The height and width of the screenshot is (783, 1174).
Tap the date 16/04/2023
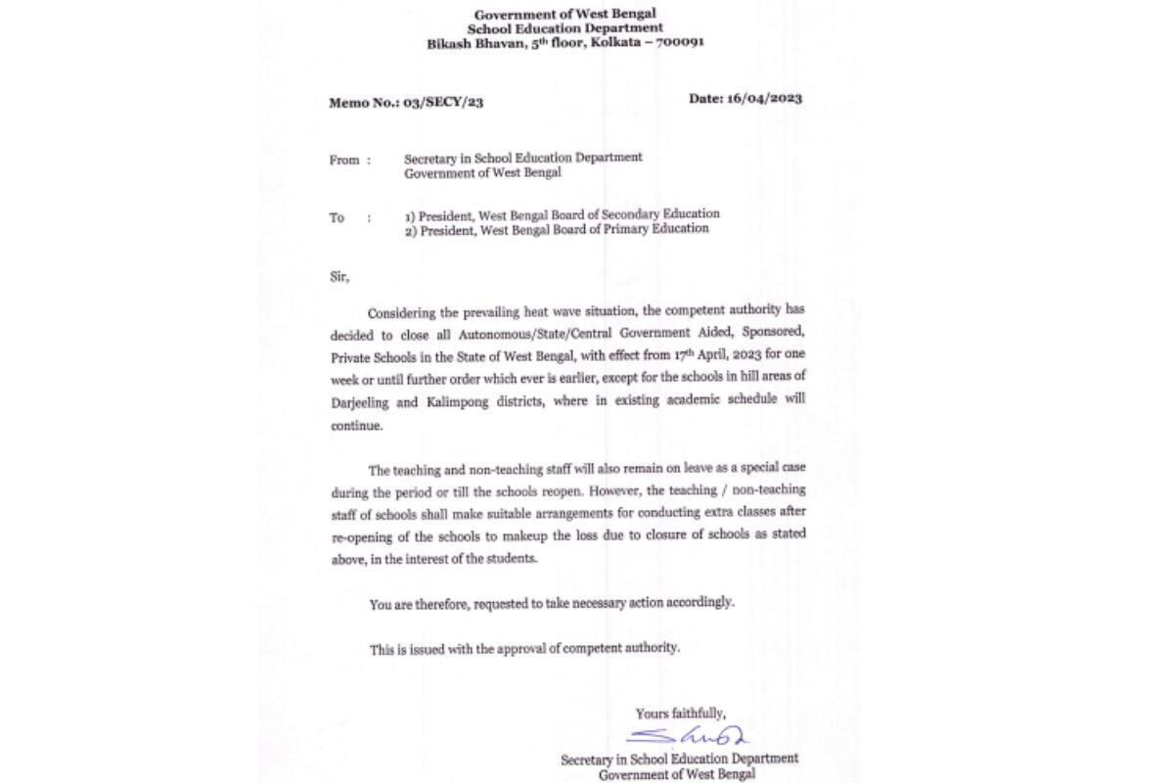click(765, 98)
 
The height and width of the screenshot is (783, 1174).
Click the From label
click(344, 160)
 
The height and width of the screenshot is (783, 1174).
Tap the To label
click(337, 217)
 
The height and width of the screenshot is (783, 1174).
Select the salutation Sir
click(339, 277)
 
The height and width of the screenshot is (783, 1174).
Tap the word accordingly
click(700, 603)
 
